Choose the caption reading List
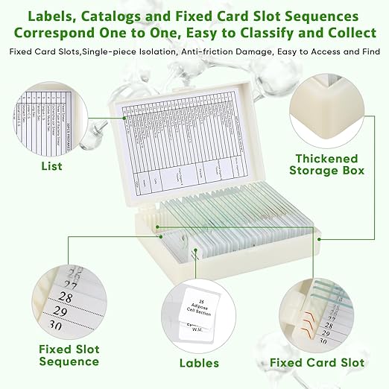point(51,165)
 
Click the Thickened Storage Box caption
point(327,165)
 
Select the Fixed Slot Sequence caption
point(69,355)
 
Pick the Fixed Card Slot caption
point(317,363)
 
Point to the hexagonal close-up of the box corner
point(326,110)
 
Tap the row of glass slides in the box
point(238,216)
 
